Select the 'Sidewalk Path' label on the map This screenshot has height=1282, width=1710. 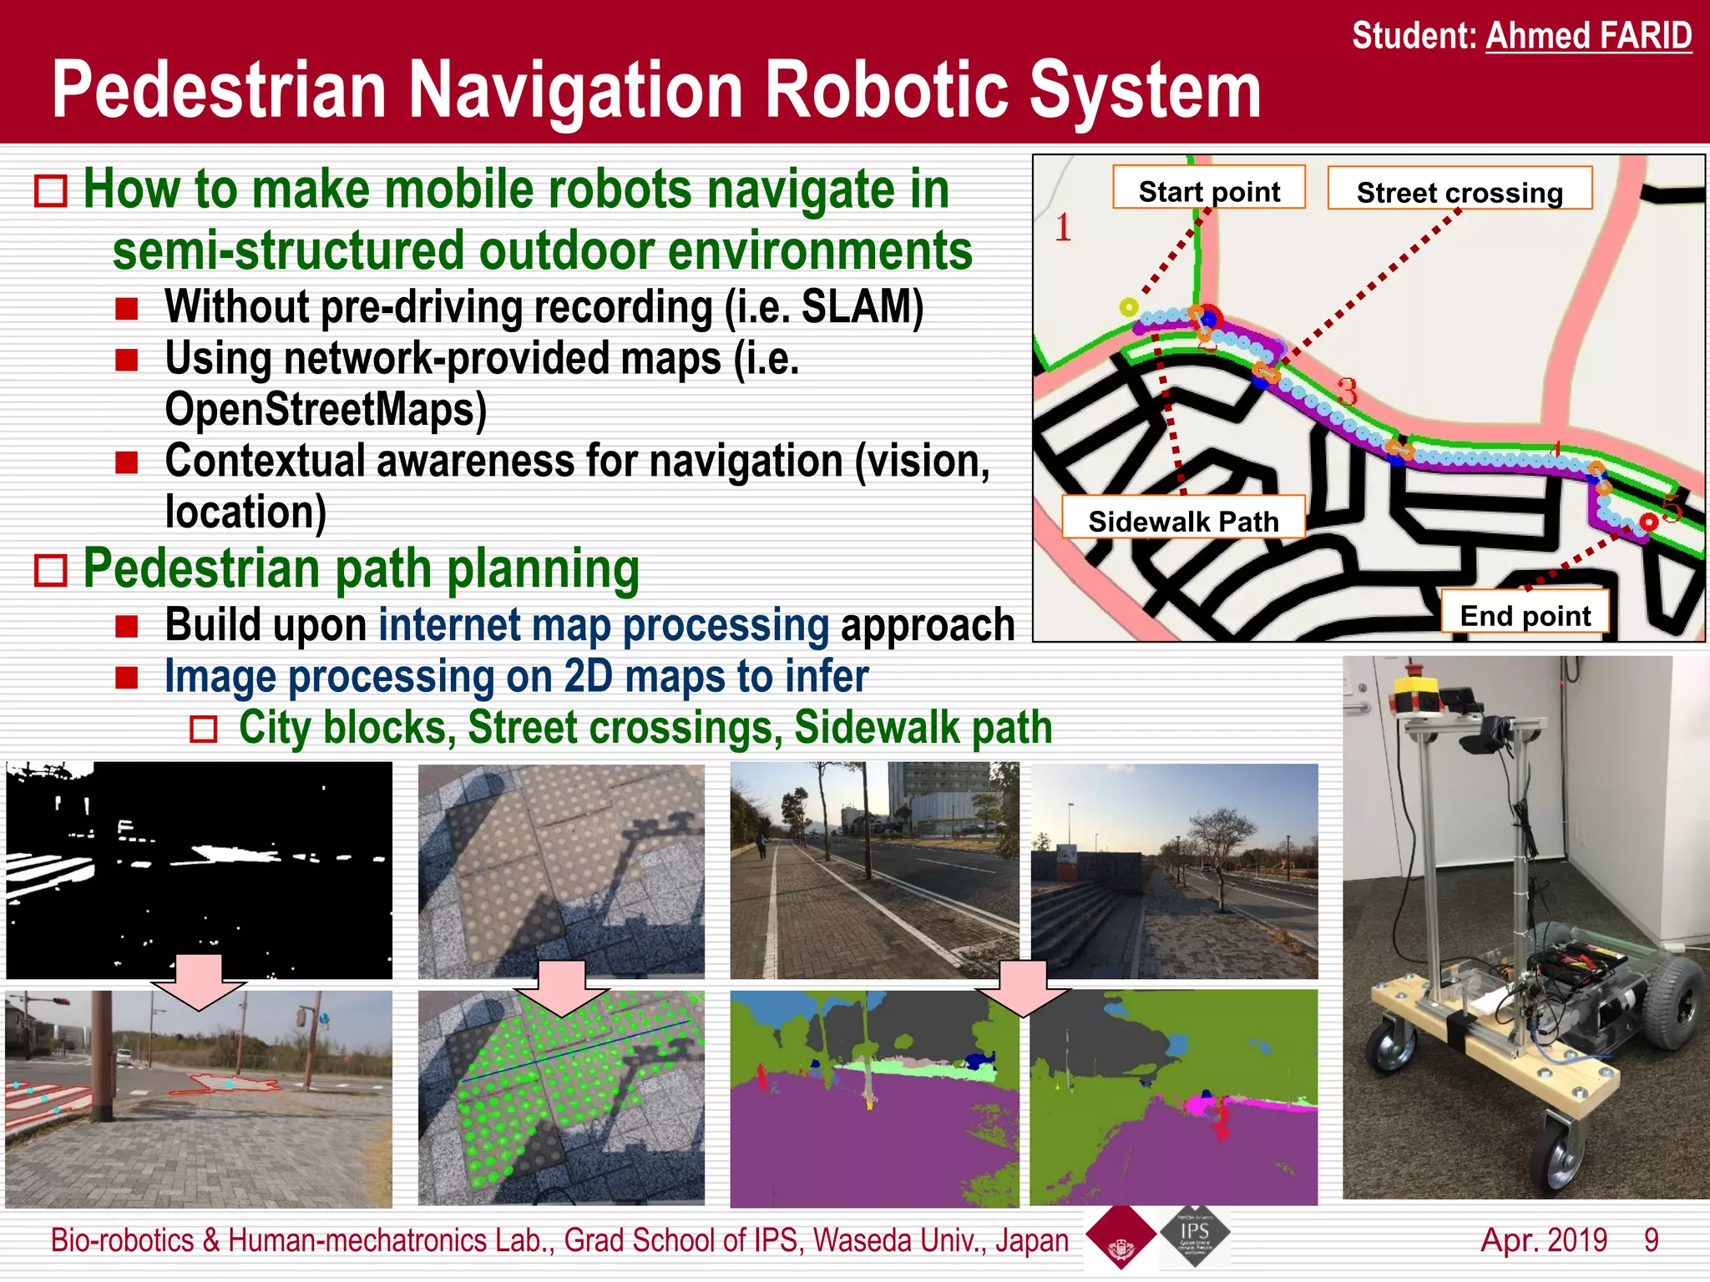click(x=1182, y=520)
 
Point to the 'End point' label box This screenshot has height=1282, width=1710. click(x=1525, y=615)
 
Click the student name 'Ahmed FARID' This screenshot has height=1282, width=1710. click(x=1588, y=37)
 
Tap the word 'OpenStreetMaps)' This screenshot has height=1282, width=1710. click(x=326, y=409)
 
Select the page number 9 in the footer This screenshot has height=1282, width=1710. click(x=1651, y=1239)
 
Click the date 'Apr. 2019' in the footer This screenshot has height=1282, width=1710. click(x=1543, y=1239)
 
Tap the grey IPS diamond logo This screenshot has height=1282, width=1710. click(x=1194, y=1235)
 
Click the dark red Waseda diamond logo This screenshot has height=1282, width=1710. click(x=1120, y=1237)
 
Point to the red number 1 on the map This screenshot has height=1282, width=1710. click(x=1062, y=227)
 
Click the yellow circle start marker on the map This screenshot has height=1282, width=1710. click(x=1128, y=307)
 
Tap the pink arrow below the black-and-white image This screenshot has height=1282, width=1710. click(x=199, y=981)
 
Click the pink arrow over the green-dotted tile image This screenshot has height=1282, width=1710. click(x=561, y=987)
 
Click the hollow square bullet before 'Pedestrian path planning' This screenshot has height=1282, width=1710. click(x=51, y=571)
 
